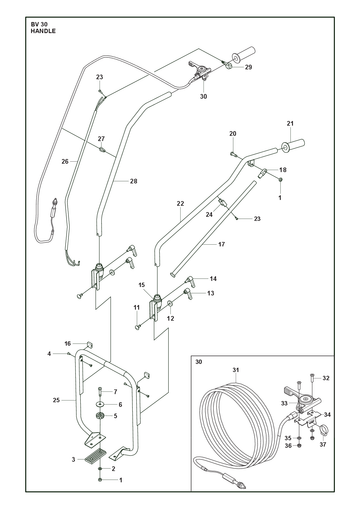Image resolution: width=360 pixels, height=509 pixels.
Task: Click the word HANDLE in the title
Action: (x=43, y=31)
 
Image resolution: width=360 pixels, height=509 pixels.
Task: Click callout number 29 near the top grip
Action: (x=248, y=67)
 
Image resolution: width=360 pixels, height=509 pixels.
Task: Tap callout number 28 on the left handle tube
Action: (x=133, y=181)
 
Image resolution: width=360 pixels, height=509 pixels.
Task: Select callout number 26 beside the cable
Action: (x=65, y=161)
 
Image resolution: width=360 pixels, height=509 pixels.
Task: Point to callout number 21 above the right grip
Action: (x=290, y=124)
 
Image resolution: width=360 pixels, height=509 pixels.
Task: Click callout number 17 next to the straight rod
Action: (x=222, y=244)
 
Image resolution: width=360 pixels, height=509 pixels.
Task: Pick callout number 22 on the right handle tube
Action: (x=180, y=203)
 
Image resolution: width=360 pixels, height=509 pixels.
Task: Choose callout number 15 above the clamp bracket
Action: (x=142, y=285)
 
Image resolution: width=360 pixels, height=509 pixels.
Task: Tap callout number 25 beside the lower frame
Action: (x=56, y=400)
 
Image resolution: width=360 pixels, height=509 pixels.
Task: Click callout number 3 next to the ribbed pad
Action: (x=73, y=460)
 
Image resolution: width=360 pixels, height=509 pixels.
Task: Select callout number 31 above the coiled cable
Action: (x=236, y=370)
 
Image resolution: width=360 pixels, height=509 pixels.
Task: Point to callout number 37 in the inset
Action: (x=323, y=444)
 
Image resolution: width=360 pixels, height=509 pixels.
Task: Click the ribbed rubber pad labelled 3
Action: (x=95, y=456)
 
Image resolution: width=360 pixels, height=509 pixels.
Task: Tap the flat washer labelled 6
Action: (x=100, y=404)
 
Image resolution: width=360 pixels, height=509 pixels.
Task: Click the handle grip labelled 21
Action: (x=293, y=145)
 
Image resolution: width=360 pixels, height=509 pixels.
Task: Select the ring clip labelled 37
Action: (x=323, y=430)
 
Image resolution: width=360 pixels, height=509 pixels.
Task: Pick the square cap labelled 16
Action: (x=89, y=344)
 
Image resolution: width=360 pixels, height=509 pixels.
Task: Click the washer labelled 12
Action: (x=170, y=303)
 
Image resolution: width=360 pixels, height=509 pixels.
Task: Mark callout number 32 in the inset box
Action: (x=326, y=378)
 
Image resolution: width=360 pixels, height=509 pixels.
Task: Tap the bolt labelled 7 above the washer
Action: (x=100, y=391)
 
